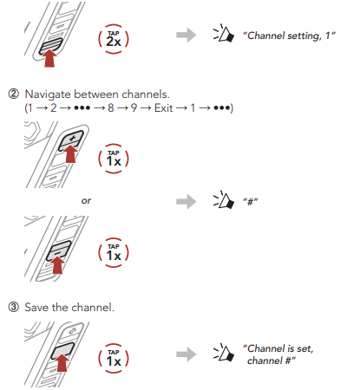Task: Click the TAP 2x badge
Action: pos(114,39)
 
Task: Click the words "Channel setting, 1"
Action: pos(289,36)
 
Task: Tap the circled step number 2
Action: pos(13,94)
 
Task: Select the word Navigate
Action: pos(48,94)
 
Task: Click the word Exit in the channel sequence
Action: pos(164,108)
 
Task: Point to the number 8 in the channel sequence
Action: pos(111,108)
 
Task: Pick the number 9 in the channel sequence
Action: pos(134,108)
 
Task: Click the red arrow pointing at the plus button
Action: pos(71,153)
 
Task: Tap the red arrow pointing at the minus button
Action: pos(58,264)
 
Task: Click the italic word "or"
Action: pos(86,200)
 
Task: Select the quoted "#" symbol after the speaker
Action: pos(251,201)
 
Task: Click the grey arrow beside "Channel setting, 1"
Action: pos(187,35)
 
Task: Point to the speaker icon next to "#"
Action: pos(224,200)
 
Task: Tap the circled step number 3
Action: pos(13,307)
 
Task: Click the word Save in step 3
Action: pos(36,308)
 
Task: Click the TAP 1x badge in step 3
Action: pos(114,358)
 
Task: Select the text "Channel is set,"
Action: pos(278,348)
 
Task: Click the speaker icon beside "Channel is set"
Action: pos(224,353)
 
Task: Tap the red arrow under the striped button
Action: pos(50,58)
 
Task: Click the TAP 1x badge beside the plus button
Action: pos(114,159)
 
